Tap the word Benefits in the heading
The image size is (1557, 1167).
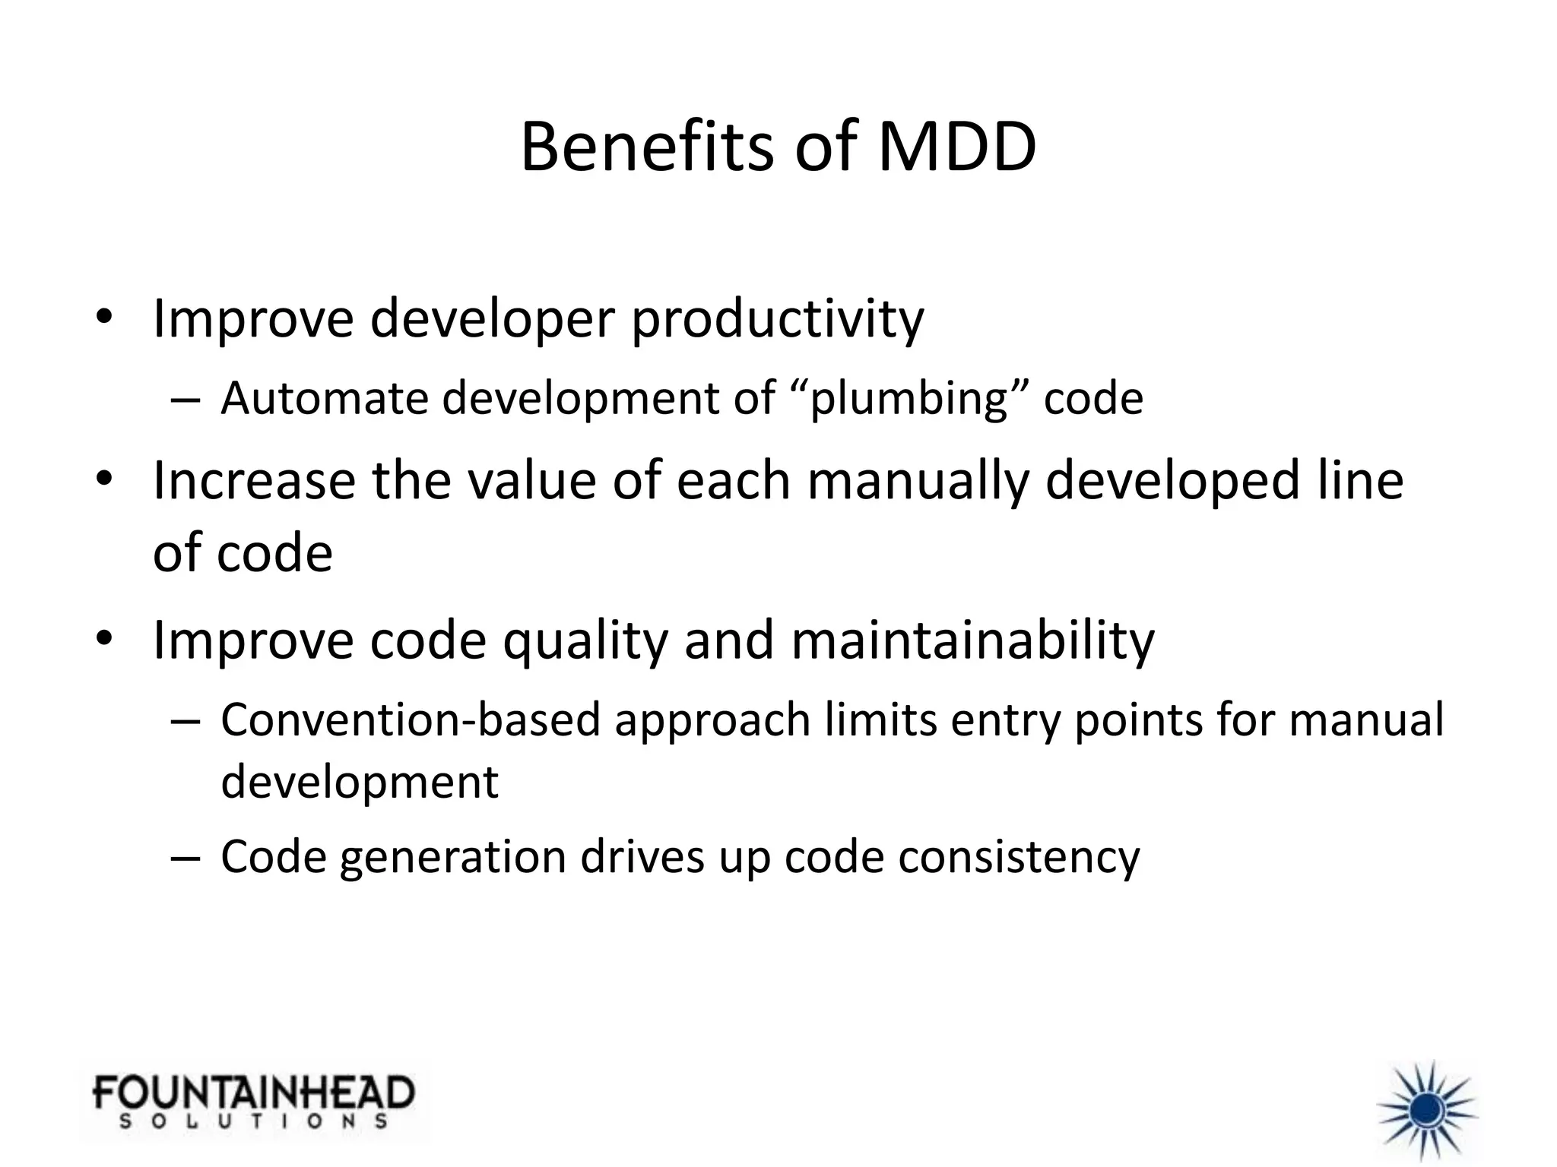coord(648,147)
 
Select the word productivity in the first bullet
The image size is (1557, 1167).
coord(777,319)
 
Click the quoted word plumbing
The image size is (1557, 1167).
coord(909,398)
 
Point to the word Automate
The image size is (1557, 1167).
coord(325,398)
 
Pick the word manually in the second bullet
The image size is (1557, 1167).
coord(917,482)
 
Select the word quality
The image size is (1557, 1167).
coord(585,641)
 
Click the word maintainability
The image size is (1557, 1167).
coord(972,641)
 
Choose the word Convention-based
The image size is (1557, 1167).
coord(411,719)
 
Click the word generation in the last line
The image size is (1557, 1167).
coord(452,857)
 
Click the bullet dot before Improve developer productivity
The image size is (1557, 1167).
coord(104,319)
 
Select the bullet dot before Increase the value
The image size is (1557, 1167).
coord(104,480)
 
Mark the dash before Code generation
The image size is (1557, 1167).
coord(186,857)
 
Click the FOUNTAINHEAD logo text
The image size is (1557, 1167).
coord(254,1093)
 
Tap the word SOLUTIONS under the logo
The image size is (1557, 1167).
coord(254,1121)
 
